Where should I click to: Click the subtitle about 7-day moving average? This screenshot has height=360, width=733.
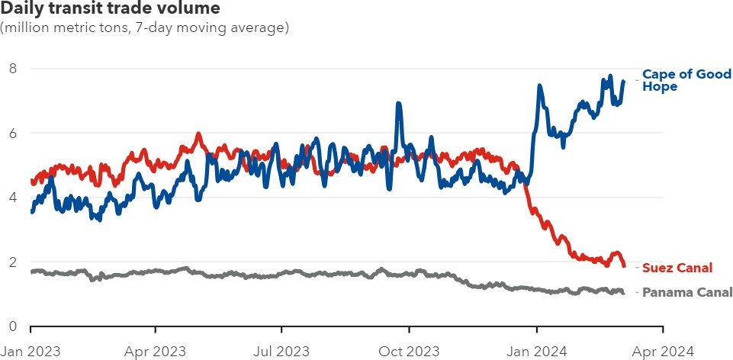(145, 28)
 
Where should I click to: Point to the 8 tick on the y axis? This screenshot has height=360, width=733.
(13, 69)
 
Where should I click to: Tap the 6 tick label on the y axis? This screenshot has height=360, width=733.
(13, 133)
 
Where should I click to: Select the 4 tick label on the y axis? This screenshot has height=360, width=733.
(13, 198)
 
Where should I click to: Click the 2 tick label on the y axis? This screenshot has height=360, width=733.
(13, 262)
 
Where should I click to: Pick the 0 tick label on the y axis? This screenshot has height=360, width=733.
(13, 327)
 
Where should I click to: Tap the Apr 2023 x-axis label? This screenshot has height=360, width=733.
(156, 351)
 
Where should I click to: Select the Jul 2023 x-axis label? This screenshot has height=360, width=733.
(281, 351)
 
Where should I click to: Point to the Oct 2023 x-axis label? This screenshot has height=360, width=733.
(409, 351)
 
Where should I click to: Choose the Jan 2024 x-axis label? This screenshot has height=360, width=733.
(536, 351)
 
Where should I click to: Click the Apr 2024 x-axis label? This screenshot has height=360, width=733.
(662, 351)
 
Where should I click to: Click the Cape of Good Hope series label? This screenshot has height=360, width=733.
(686, 80)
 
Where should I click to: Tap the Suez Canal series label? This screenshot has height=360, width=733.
(677, 268)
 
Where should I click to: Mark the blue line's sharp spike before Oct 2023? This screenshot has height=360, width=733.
(398, 104)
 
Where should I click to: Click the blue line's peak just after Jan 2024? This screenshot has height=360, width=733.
(540, 86)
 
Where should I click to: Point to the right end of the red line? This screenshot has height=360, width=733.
(624, 265)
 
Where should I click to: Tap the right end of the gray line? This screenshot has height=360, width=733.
(623, 292)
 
